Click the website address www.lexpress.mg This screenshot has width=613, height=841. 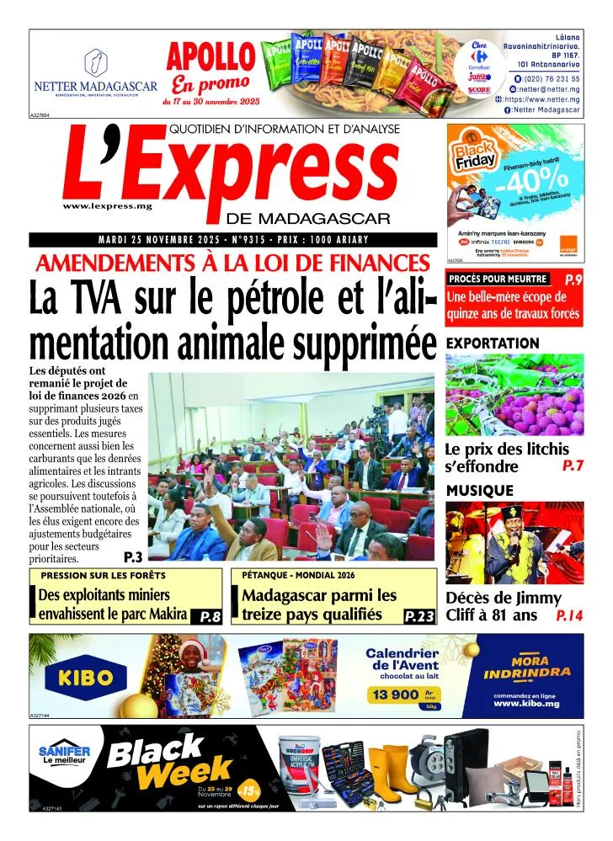pyautogui.click(x=101, y=206)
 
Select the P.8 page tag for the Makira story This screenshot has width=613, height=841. pyautogui.click(x=210, y=617)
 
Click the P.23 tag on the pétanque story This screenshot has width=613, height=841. pyautogui.click(x=419, y=617)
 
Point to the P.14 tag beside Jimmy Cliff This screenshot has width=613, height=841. pyautogui.click(x=569, y=616)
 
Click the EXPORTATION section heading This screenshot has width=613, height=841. pyautogui.click(x=492, y=343)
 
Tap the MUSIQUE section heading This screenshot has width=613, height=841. pyautogui.click(x=479, y=490)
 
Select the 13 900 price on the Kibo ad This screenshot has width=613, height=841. pyautogui.click(x=393, y=695)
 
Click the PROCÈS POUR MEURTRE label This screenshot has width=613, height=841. pyautogui.click(x=498, y=279)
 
